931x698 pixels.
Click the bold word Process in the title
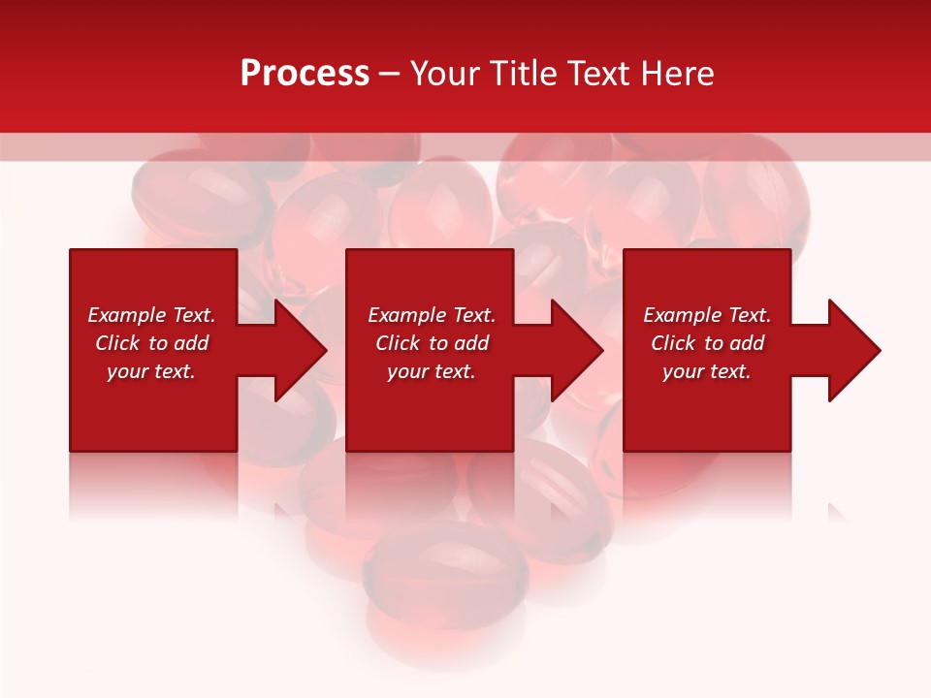(x=305, y=74)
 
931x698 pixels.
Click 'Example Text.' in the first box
(x=151, y=315)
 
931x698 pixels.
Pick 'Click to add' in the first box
(x=151, y=343)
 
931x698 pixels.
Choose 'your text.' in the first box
(x=151, y=371)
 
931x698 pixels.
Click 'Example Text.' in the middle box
(x=432, y=315)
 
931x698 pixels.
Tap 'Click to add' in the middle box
(x=432, y=343)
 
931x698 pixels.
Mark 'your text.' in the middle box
(x=432, y=371)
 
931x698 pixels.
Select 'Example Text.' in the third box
(x=707, y=315)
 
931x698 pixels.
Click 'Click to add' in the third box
(x=707, y=343)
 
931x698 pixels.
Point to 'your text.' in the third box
(x=707, y=371)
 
